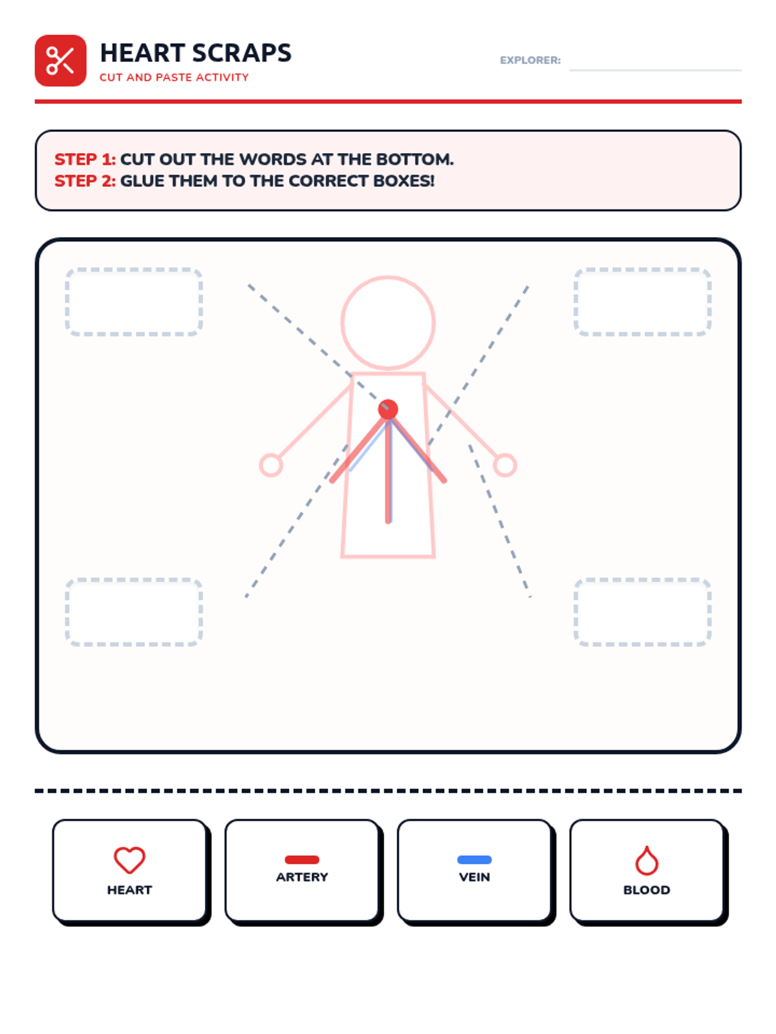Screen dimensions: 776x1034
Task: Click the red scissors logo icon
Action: [60, 60]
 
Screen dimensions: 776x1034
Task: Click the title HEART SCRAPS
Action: [195, 53]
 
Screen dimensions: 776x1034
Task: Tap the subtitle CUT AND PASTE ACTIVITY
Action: [174, 78]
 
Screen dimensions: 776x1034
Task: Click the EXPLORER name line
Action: [655, 70]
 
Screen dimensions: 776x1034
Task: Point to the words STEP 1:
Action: [85, 159]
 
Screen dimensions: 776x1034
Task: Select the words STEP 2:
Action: [85, 181]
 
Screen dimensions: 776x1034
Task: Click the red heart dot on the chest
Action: [388, 409]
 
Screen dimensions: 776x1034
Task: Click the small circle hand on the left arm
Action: [271, 465]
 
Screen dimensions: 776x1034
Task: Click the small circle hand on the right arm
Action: [505, 465]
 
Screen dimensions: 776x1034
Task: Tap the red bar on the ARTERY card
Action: [302, 860]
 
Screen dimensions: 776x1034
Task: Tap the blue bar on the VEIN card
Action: [475, 860]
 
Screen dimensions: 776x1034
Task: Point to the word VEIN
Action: [475, 877]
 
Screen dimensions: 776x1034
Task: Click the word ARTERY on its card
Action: [302, 877]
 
